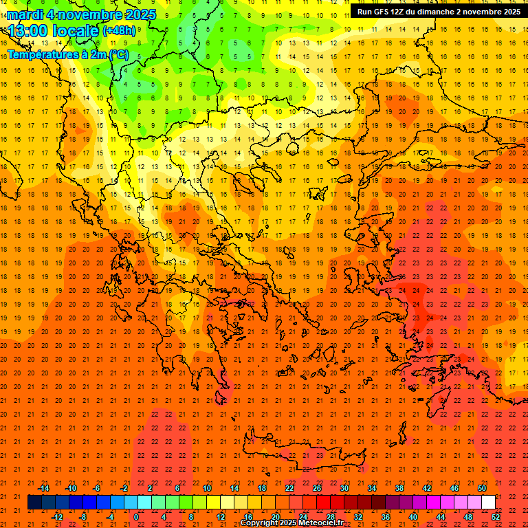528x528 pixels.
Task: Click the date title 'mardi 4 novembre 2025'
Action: (x=82, y=14)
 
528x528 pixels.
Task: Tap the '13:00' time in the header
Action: (x=27, y=31)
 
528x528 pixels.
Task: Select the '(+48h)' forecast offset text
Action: (x=119, y=31)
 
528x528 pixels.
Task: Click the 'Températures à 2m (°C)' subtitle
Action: (x=67, y=54)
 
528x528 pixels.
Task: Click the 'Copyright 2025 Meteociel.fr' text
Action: (x=301, y=523)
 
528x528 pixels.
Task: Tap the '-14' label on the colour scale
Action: (x=43, y=488)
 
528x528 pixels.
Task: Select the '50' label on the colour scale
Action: (x=481, y=488)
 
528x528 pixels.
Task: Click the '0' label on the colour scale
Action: (x=136, y=516)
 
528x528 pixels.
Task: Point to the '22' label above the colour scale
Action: (x=289, y=488)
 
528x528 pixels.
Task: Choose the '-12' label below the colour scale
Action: (x=57, y=516)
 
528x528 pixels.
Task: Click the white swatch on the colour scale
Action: (x=488, y=502)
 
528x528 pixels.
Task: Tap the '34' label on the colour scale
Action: (x=372, y=488)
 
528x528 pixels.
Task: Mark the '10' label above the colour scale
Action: (x=206, y=488)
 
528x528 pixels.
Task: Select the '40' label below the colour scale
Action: (x=413, y=516)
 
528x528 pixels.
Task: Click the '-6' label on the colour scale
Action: (x=97, y=488)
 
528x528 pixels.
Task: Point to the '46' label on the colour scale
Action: (x=454, y=488)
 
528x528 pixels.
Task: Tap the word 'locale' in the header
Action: (x=75, y=31)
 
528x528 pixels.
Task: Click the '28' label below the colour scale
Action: (x=331, y=516)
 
